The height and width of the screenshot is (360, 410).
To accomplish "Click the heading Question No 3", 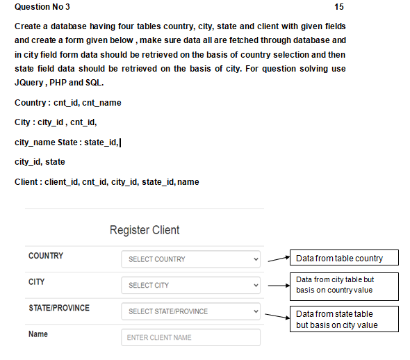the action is point(42,7).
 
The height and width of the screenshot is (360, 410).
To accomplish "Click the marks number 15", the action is point(339,7).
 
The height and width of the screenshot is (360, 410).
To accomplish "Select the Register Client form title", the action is point(145,230).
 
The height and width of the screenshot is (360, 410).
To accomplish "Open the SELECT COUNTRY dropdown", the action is point(190,259).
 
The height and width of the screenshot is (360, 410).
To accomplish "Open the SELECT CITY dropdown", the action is point(190,286).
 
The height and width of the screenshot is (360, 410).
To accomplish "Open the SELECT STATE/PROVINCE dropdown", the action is point(190,311).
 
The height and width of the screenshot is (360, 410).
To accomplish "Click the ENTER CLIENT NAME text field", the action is point(190,338).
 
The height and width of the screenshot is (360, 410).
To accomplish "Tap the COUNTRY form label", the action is point(46,256).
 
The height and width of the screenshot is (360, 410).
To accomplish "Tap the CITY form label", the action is point(37,282).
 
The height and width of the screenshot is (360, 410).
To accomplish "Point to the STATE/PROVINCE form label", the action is point(59,308).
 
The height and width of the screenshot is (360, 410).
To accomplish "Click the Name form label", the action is point(38,334).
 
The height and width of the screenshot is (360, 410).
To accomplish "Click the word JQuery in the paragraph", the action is point(30,82).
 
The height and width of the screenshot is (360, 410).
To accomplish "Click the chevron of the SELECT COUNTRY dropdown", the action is point(256,259).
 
